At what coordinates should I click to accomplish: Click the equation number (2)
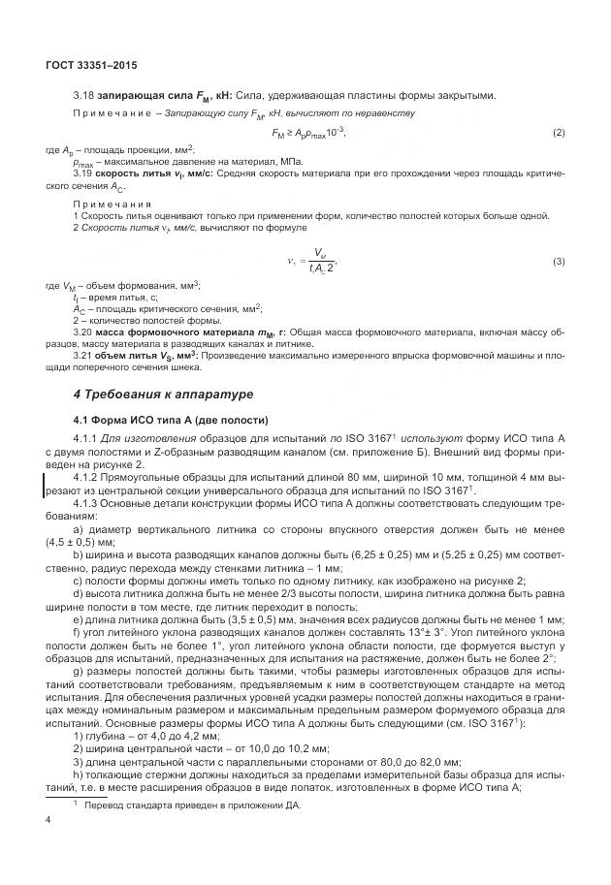coord(559,132)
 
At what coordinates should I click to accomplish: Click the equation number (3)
coord(559,263)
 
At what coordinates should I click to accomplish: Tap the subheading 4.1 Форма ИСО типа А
coord(164,419)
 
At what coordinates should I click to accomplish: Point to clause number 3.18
coord(83,95)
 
